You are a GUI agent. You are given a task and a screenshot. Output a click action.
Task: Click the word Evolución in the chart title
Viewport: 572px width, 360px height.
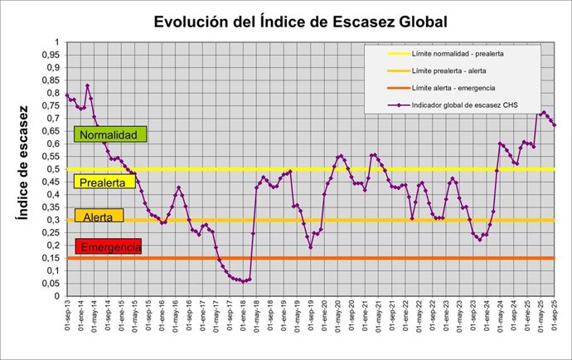pos(193,21)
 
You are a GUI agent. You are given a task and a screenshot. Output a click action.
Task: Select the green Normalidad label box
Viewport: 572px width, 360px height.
pos(110,134)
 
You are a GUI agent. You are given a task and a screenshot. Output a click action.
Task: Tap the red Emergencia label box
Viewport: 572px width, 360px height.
pos(108,247)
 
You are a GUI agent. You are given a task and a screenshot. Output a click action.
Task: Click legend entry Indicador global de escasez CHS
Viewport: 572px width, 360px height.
pos(465,105)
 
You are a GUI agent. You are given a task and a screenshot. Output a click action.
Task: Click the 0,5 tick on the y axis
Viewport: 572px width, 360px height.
pos(53,169)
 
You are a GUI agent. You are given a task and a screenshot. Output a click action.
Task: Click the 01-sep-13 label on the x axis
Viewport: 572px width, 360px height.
pos(67,319)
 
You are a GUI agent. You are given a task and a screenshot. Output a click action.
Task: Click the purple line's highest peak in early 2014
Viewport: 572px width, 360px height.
pos(87,85)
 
